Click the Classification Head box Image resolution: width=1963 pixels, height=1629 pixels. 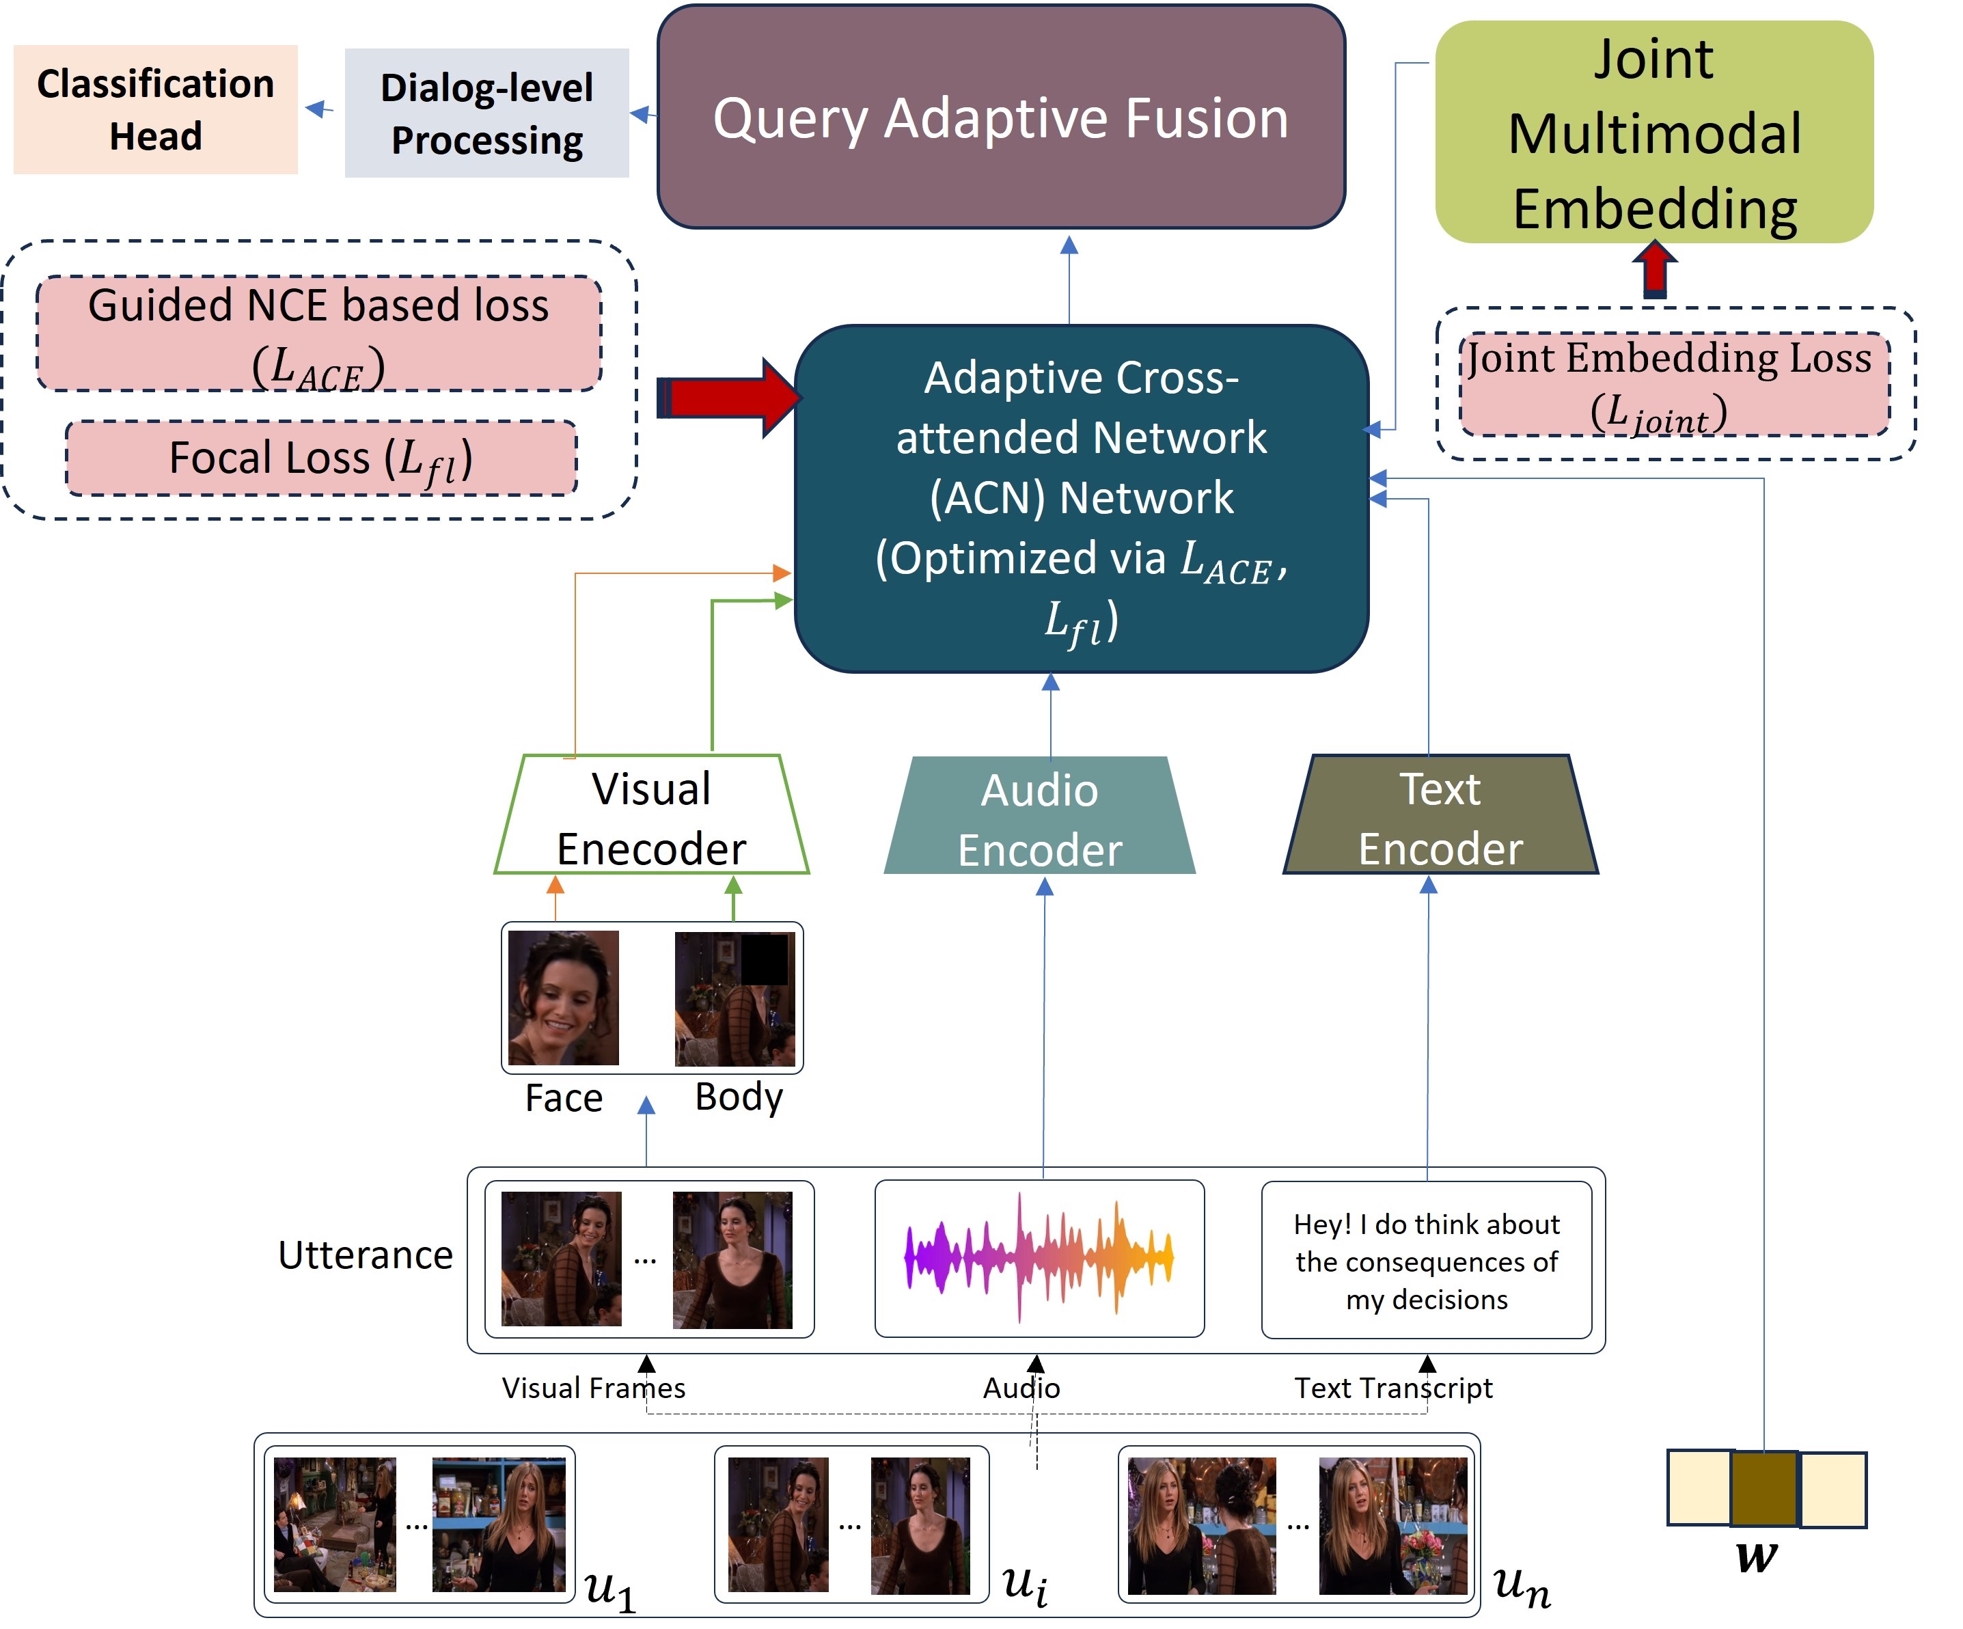155,109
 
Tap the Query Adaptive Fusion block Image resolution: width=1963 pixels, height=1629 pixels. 1001,117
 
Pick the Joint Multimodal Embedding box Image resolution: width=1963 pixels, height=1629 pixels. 1653,133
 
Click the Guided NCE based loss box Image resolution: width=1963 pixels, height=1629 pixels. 319,333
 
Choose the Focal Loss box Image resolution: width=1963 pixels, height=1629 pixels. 320,458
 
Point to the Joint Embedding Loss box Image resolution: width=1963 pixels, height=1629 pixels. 1674,384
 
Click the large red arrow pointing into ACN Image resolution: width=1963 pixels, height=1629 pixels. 728,397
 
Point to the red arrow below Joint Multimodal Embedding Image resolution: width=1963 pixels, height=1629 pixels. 1655,270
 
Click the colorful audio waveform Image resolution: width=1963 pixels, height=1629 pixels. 1039,1257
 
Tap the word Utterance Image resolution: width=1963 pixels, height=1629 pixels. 366,1255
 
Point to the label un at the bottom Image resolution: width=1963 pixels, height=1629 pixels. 1522,1587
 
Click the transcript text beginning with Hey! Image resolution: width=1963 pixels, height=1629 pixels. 1427,1261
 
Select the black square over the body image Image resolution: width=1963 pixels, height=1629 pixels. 764,958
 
